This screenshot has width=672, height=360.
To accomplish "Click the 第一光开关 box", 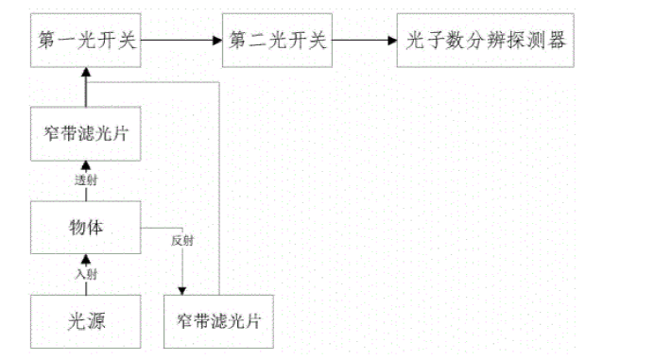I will coord(85,41).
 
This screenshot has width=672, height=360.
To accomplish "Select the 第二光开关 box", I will coord(277,41).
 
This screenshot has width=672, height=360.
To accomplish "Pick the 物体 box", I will coord(85,228).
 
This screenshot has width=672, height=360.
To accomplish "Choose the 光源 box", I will coord(85,320).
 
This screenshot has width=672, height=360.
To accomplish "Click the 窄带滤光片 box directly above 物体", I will coord(85,135).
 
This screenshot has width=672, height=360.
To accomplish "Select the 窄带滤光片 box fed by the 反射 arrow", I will coord(218,320).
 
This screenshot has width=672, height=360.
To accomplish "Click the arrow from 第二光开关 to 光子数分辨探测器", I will coord(364,41).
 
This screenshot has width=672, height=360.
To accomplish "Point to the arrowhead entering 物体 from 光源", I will coord(86,258).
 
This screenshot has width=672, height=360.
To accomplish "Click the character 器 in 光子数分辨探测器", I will coord(560,41).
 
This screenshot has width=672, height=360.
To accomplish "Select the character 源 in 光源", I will coord(98,320).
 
